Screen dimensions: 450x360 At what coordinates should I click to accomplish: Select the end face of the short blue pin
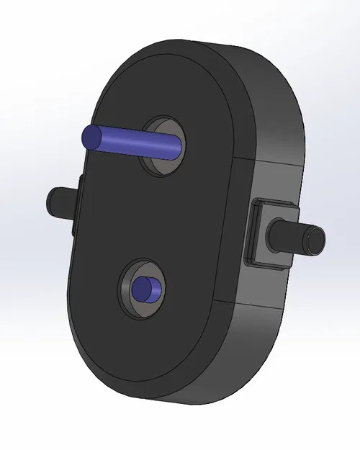(x=142, y=289)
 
